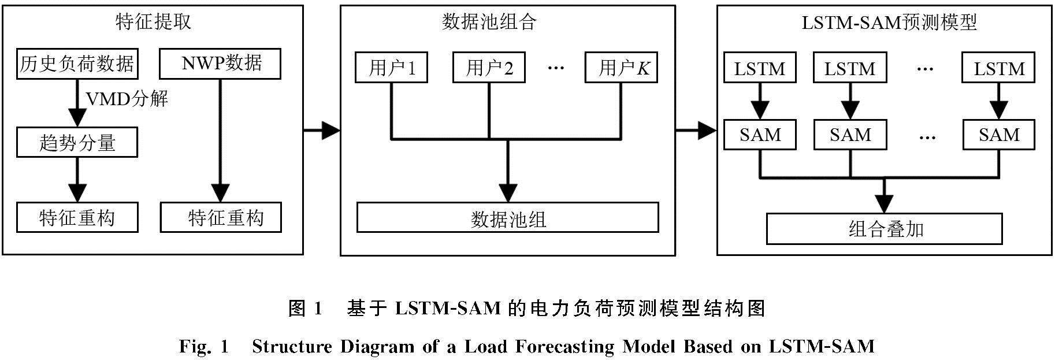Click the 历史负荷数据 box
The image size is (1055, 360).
tap(77, 64)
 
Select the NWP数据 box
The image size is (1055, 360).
tap(220, 64)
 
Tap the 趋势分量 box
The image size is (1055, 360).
tap(77, 143)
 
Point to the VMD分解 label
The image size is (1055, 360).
tap(127, 99)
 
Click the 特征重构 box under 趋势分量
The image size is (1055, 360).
tap(77, 218)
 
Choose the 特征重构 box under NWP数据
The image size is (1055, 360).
tap(221, 218)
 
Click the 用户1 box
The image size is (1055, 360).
tap(392, 68)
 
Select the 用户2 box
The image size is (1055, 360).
tap(489, 68)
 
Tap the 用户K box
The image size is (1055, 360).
tap(621, 68)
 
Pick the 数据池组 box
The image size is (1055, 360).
tap(507, 218)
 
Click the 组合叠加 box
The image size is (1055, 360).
tap(884, 229)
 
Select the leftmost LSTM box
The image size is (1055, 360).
tap(759, 68)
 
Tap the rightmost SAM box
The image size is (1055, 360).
tap(999, 135)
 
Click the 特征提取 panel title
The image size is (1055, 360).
tap(153, 22)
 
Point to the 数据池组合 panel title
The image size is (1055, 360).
tap(489, 22)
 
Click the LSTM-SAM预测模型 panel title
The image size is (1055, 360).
tap(889, 22)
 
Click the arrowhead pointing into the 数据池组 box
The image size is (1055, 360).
tap(508, 192)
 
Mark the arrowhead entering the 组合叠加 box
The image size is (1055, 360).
tap(884, 204)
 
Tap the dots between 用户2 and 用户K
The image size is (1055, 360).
tap(555, 68)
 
